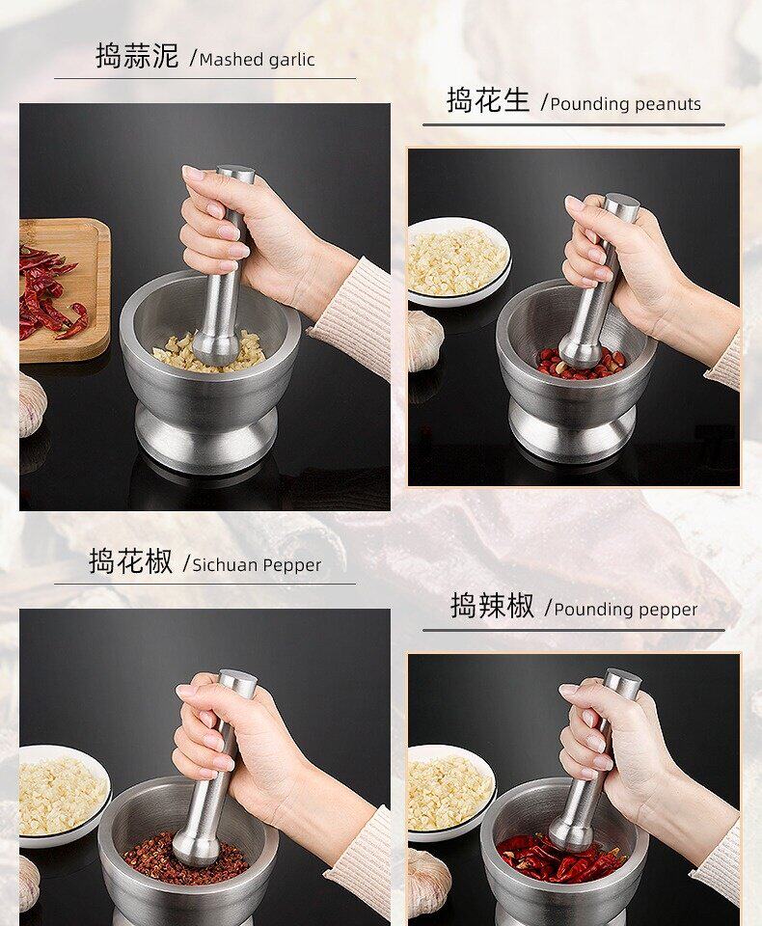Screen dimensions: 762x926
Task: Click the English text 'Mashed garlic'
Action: point(257,60)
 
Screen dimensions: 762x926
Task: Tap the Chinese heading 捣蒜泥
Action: point(137,56)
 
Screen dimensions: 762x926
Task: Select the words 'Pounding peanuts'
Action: point(626,104)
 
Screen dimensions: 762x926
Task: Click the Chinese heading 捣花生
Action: point(488,99)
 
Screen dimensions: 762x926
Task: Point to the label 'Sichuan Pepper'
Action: point(257,565)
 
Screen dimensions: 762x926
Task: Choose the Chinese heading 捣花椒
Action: point(130,561)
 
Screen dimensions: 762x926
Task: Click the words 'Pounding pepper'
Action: point(626,610)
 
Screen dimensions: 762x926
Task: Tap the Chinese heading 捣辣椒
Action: point(492,606)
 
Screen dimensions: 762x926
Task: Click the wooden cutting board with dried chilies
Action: point(65,290)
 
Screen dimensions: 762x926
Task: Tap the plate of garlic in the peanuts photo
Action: point(458,261)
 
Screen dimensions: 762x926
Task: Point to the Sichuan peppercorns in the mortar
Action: point(185,858)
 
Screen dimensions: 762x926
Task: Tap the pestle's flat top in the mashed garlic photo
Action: point(235,174)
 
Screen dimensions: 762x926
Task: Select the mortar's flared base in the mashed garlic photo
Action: point(205,436)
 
